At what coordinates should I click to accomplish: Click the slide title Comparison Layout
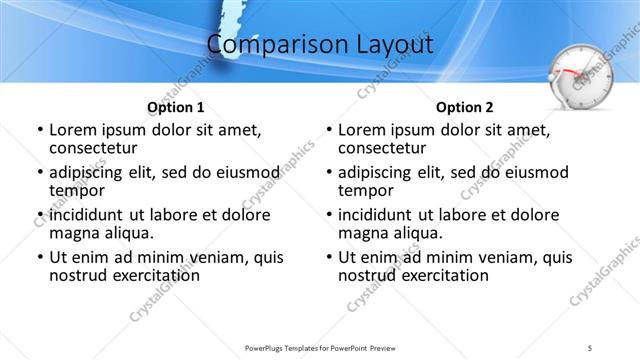pos(320,45)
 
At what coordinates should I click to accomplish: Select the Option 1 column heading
pos(175,107)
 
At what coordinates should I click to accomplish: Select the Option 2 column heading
pos(465,107)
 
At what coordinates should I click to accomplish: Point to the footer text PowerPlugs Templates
pos(290,347)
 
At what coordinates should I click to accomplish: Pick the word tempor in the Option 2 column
pos(364,190)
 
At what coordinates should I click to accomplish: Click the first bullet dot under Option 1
pos(40,131)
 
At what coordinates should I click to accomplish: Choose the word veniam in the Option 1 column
pos(200,257)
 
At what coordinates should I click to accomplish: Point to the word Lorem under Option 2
pos(362,130)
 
